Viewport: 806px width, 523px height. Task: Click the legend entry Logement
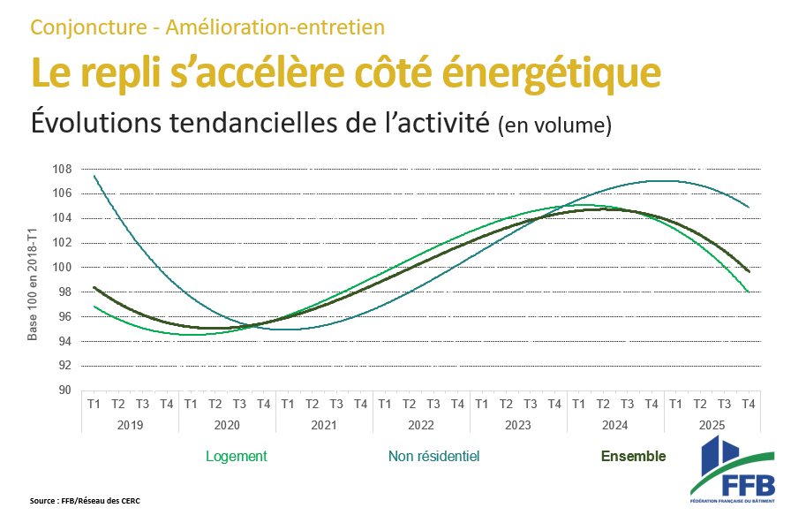(236, 457)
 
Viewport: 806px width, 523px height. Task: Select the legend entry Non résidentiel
(433, 457)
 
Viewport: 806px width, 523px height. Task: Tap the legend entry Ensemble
(633, 457)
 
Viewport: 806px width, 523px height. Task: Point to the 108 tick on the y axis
(62, 169)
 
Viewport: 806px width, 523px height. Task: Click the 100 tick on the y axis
(62, 268)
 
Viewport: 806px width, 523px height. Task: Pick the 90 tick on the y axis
(64, 390)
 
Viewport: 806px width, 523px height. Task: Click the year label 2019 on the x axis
(130, 424)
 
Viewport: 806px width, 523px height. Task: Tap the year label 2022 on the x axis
(421, 424)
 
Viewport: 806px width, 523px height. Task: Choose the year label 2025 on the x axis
(712, 424)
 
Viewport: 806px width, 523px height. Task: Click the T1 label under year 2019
(94, 404)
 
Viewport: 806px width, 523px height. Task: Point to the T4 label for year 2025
(749, 404)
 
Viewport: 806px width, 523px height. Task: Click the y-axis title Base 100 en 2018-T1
(33, 284)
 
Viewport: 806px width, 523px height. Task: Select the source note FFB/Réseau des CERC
(85, 501)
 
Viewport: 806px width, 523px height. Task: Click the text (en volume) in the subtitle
(554, 126)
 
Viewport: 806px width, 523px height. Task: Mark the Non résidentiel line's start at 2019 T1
(94, 175)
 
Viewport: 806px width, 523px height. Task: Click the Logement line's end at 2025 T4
(749, 292)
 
